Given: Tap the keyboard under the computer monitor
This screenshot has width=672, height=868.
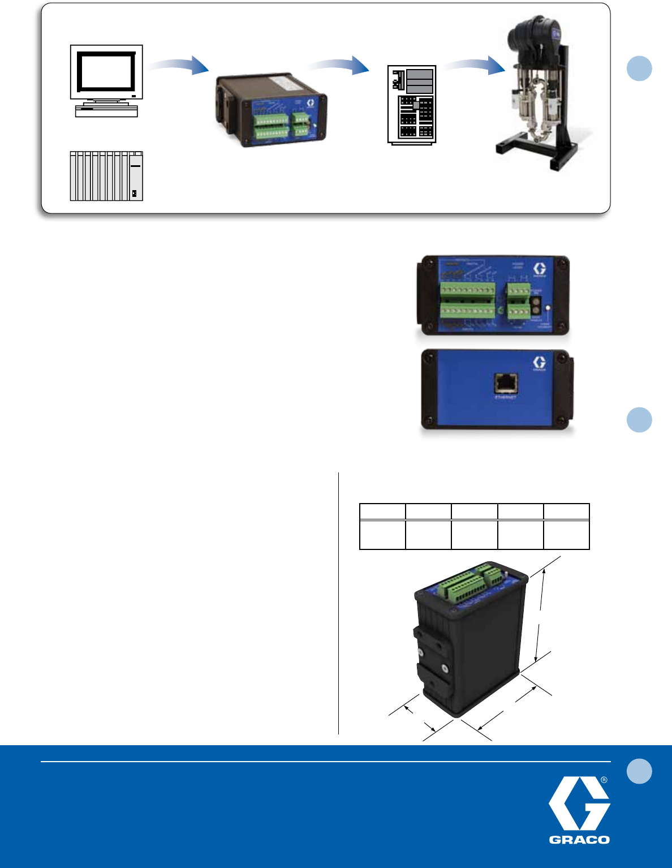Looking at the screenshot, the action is click(106, 112).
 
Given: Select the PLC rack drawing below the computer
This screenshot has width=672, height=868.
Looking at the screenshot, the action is click(106, 176).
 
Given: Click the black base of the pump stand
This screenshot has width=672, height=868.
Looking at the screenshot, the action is click(535, 150).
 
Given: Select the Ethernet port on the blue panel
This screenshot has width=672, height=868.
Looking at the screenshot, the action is click(505, 383).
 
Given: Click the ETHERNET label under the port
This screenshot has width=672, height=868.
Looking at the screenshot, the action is click(505, 397).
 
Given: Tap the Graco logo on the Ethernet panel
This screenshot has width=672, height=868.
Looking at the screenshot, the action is click(539, 364).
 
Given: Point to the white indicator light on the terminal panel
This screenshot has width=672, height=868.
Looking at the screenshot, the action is click(548, 308).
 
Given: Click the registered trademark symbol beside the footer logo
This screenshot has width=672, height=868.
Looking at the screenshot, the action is click(604, 780).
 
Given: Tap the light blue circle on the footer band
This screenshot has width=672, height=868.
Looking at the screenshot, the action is click(639, 772).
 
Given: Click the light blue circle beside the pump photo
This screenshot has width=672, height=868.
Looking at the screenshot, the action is click(639, 68).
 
